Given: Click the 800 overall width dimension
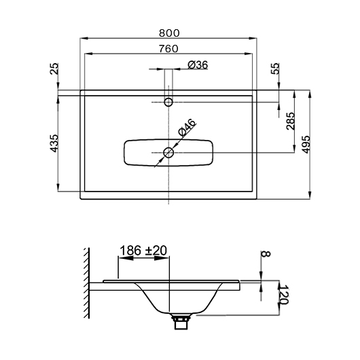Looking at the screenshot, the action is point(169,33).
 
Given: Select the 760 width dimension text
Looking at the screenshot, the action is point(168,49).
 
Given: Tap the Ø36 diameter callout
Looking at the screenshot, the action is point(198,65).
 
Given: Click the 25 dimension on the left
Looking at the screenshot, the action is point(54,69).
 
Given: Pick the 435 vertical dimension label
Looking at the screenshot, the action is point(54,143).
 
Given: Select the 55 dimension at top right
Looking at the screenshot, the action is point(275,69).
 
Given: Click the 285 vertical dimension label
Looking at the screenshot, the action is point(291,121).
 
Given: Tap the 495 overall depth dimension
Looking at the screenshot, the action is point(306,145).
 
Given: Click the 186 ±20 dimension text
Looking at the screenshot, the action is point(143,251).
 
